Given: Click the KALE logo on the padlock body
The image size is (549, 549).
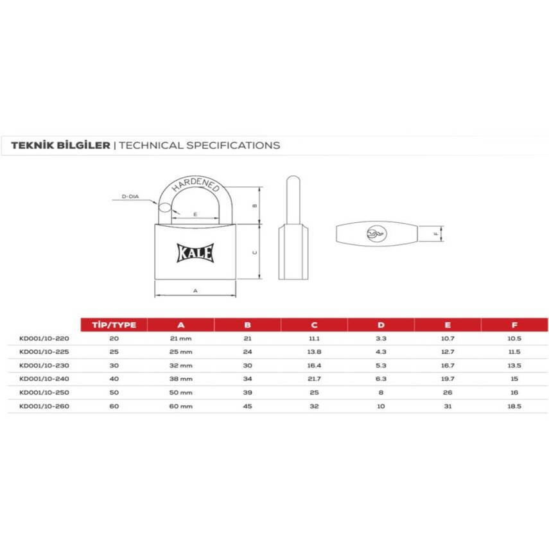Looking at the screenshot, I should (x=195, y=252).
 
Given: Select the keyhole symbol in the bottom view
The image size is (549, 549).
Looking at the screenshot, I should (x=375, y=234).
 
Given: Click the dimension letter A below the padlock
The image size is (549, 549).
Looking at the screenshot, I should (x=195, y=291).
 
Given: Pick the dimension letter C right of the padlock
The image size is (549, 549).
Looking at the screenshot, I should (x=254, y=253).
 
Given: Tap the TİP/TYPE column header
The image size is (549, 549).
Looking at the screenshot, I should (x=114, y=325).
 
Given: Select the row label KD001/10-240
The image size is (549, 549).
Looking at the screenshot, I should (x=44, y=379).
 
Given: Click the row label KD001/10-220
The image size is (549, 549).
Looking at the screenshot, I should (x=44, y=338).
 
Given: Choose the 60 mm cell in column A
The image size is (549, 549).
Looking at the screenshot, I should (x=180, y=406).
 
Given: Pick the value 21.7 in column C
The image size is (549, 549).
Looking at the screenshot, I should (x=314, y=379).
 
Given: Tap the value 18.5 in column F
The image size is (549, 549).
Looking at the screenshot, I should (x=514, y=406).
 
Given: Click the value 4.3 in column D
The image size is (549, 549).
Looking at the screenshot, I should (x=381, y=352).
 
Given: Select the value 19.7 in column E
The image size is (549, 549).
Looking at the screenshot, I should (x=448, y=379).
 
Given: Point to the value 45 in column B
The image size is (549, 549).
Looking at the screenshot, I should (x=247, y=406).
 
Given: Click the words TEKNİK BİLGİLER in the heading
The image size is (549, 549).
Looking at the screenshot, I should (x=60, y=145).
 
